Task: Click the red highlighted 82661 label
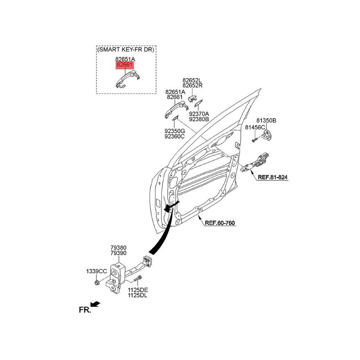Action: click(x=125, y=65)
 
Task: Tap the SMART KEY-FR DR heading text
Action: click(x=126, y=49)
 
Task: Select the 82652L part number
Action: click(x=192, y=80)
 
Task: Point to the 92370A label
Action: click(x=199, y=114)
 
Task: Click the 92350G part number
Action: click(x=175, y=131)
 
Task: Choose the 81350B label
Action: click(x=266, y=120)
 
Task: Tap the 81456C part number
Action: click(x=255, y=127)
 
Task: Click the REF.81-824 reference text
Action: click(x=272, y=177)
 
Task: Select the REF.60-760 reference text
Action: click(x=220, y=223)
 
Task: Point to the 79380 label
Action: click(x=119, y=248)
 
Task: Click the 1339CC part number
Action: click(x=96, y=271)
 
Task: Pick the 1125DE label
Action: click(x=138, y=290)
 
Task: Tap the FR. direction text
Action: click(x=85, y=310)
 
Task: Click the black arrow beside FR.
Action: click(x=95, y=304)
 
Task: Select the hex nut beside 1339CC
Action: click(x=97, y=282)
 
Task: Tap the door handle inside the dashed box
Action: click(x=127, y=79)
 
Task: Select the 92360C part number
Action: click(x=175, y=136)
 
